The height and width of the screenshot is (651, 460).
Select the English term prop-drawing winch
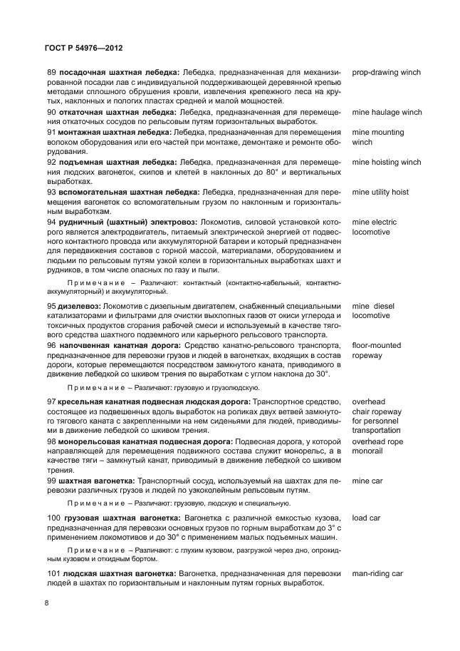[x=386, y=73]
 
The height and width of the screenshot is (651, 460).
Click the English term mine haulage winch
[x=387, y=113]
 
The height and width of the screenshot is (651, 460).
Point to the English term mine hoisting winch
[x=386, y=163]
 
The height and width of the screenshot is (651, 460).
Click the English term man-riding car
[x=377, y=573]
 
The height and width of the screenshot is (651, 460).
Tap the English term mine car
[x=367, y=481]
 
